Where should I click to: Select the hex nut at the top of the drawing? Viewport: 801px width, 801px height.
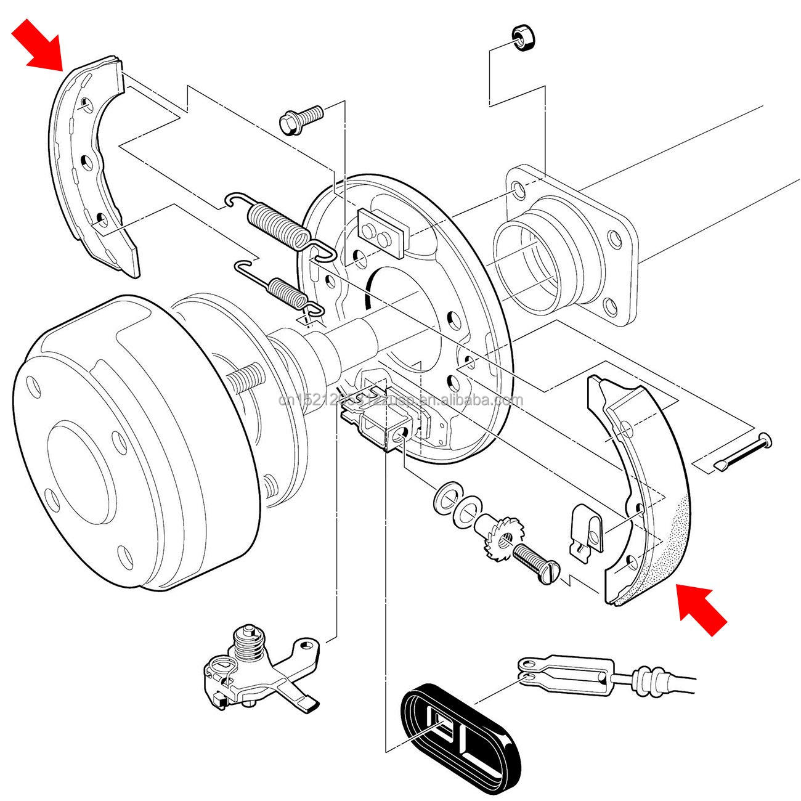tap(523, 39)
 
